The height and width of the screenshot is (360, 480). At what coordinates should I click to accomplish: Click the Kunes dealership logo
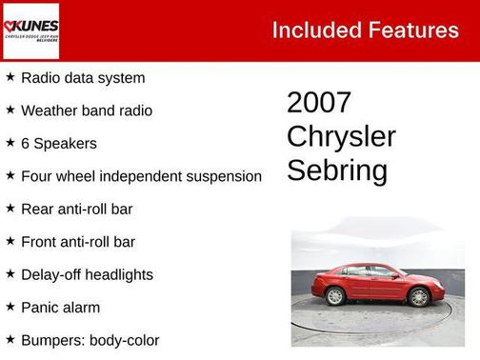coord(30,30)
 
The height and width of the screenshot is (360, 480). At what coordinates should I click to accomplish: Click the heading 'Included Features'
coord(365,30)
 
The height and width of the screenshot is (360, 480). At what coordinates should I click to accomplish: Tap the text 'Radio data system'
coord(83,78)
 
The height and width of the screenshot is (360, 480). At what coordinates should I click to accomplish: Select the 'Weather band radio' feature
coord(87,110)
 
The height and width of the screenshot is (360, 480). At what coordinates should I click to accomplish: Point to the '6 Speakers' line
coord(58,143)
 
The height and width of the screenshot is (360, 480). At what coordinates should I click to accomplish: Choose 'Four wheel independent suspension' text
coord(141,176)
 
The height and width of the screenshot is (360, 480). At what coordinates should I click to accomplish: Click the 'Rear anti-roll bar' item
coord(77,209)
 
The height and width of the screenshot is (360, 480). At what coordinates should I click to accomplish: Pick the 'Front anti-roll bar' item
coord(78,242)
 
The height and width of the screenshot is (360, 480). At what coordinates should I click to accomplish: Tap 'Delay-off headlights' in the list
coord(87,274)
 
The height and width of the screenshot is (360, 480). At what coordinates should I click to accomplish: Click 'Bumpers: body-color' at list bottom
coord(90,340)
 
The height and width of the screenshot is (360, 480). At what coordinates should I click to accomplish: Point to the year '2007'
coord(319,103)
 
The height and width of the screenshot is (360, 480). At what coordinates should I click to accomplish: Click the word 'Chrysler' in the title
coord(341,136)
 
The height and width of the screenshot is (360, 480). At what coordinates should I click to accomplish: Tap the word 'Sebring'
coord(337,170)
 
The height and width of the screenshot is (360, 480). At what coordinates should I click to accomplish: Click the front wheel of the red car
coord(418,296)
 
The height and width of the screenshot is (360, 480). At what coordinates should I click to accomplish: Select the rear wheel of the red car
coord(335,296)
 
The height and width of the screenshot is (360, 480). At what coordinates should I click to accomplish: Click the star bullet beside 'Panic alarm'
coord(10,307)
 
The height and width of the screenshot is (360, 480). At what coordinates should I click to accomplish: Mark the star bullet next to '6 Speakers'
coord(10,142)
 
